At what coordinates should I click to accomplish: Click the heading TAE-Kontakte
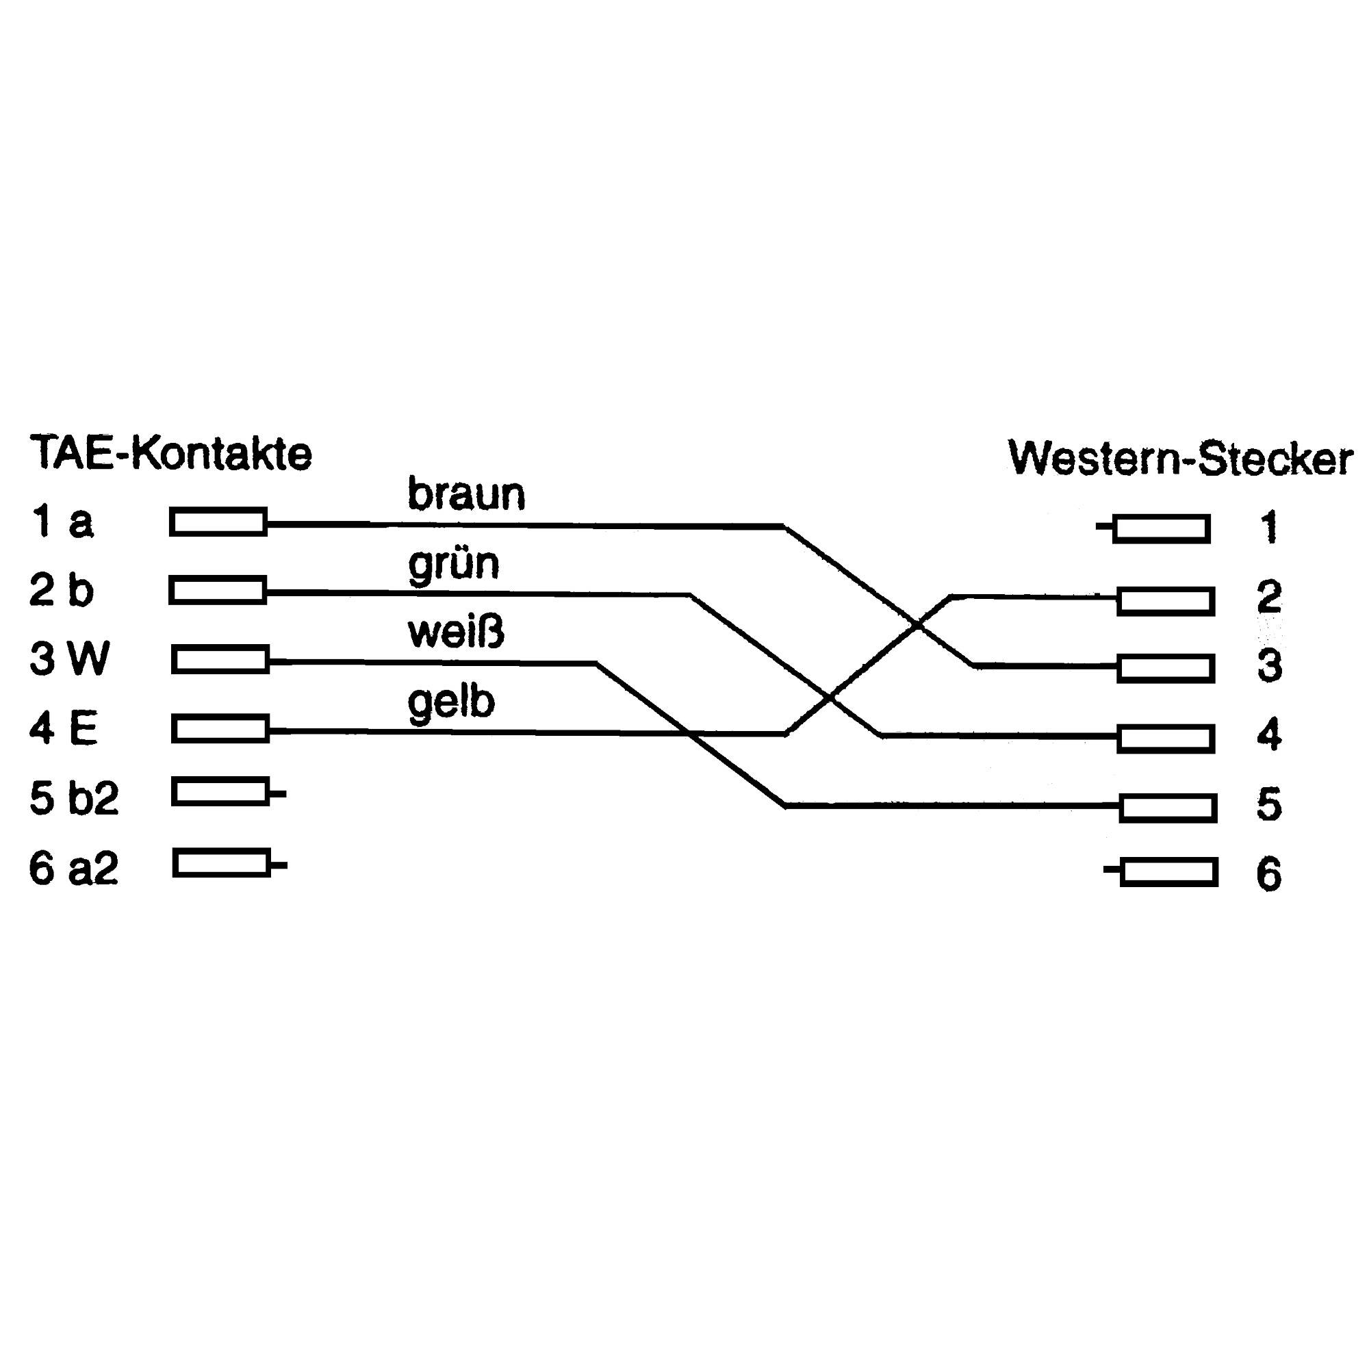tap(170, 454)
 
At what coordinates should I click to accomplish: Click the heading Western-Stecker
tap(1180, 459)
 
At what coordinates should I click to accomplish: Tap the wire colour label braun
tap(466, 495)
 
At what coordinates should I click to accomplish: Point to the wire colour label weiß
tap(457, 632)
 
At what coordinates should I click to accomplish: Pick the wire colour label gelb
tap(450, 702)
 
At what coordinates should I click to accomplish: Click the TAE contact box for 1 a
tap(218, 522)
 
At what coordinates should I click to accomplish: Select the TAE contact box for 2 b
tap(218, 590)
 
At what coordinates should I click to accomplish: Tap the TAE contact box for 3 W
tap(220, 660)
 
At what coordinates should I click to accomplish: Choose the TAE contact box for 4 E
tap(220, 729)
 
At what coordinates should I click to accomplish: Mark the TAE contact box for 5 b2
tap(220, 791)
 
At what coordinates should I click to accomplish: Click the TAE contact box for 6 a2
tap(221, 863)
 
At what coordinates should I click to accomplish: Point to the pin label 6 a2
tap(73, 869)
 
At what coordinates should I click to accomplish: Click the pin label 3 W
tap(69, 659)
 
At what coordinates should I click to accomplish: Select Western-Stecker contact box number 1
tap(1162, 528)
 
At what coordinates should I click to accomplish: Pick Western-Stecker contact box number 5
tap(1168, 808)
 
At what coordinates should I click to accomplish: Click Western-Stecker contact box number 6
tap(1169, 872)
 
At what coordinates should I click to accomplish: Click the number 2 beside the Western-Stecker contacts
tap(1269, 597)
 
